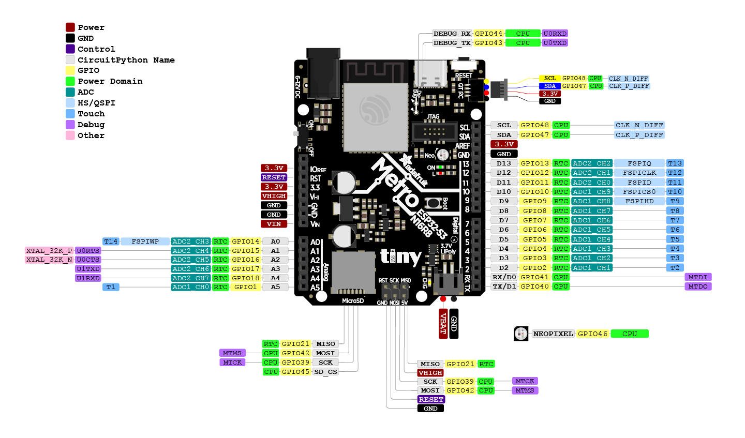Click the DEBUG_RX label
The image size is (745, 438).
tap(452, 34)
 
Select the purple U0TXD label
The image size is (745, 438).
tap(555, 43)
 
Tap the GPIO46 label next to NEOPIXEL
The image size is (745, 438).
tap(593, 334)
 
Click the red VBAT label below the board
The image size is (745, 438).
tap(443, 324)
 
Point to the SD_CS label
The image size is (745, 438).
tap(325, 371)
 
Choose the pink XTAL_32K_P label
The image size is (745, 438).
tap(49, 251)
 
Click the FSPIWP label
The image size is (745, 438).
tap(145, 241)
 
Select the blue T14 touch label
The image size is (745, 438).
tap(111, 241)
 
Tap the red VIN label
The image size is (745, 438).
tap(274, 224)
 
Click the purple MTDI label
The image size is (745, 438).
tap(698, 277)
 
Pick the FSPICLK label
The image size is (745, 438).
tap(639, 173)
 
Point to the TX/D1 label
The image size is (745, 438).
tap(504, 286)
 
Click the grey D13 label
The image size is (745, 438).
tap(504, 163)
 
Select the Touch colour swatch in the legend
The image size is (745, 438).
tap(70, 114)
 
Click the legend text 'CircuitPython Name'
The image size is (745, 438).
tap(126, 60)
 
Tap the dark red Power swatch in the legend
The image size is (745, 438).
tap(70, 27)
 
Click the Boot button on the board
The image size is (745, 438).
tap(433, 203)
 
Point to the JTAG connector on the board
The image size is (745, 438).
tap(434, 131)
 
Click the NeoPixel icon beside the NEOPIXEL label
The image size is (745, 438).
tap(521, 334)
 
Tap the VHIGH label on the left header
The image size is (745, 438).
tap(274, 196)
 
